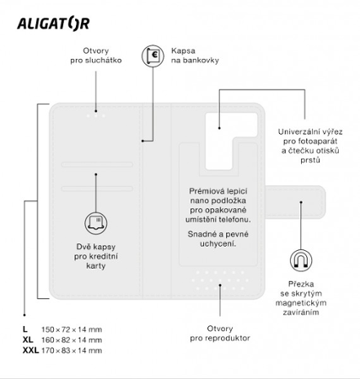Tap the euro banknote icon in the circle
coord(153,56)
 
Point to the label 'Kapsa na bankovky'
coord(195,56)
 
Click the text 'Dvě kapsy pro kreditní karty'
coord(95,256)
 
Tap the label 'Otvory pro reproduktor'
coord(220,334)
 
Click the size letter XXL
coord(30,349)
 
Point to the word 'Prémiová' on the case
coord(207,192)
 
